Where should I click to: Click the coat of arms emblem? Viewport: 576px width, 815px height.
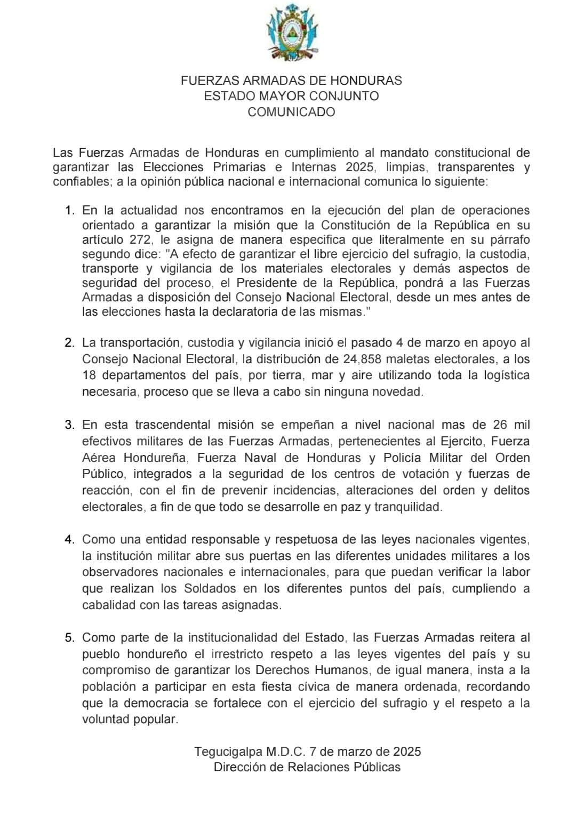(x=291, y=33)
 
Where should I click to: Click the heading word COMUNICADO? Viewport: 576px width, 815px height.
(x=291, y=112)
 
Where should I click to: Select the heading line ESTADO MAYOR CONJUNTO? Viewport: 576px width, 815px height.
(x=291, y=96)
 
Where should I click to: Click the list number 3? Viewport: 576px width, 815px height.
(x=69, y=425)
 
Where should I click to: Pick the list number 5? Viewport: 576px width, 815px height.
(x=69, y=637)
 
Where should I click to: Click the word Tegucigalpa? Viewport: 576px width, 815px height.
(x=229, y=752)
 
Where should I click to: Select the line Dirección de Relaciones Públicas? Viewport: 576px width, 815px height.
(x=307, y=767)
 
